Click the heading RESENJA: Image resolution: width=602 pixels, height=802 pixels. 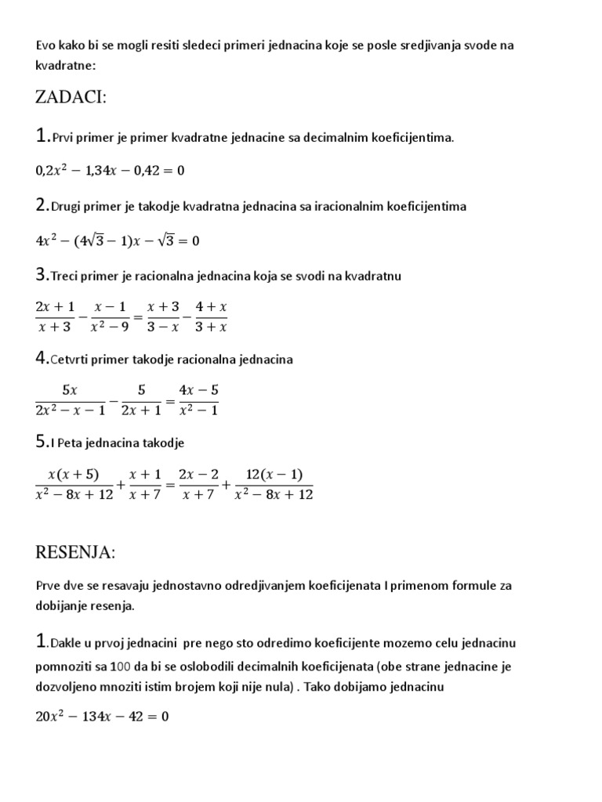point(75,553)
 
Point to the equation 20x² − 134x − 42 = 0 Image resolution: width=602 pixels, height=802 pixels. point(103,715)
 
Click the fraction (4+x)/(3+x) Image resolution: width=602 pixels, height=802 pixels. point(212,316)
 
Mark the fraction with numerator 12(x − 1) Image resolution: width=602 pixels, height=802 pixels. point(274,485)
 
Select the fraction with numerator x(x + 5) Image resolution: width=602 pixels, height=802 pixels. point(75,485)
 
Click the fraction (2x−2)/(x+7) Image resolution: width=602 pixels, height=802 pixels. point(197,485)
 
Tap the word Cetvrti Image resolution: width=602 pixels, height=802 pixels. point(73,359)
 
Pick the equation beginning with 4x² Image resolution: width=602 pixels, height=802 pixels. point(118,240)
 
